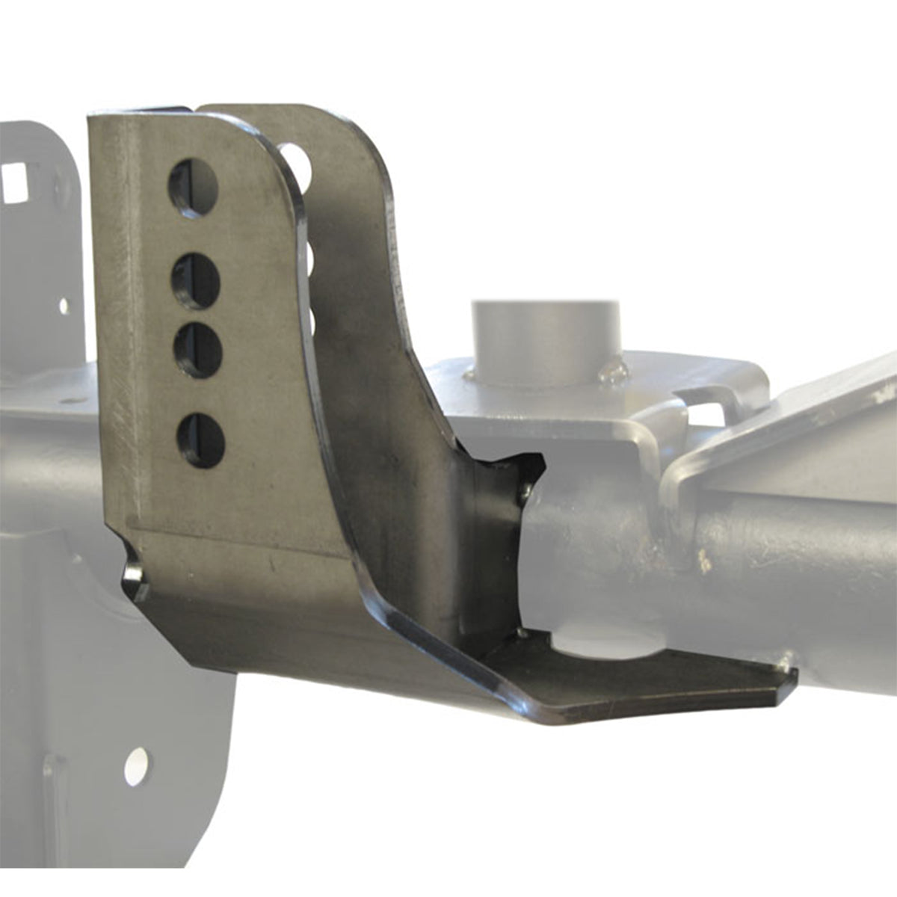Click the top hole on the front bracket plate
click(x=193, y=187)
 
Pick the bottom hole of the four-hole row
click(x=201, y=440)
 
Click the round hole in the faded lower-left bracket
click(x=136, y=766)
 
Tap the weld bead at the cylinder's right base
click(x=613, y=369)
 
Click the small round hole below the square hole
click(x=64, y=305)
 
